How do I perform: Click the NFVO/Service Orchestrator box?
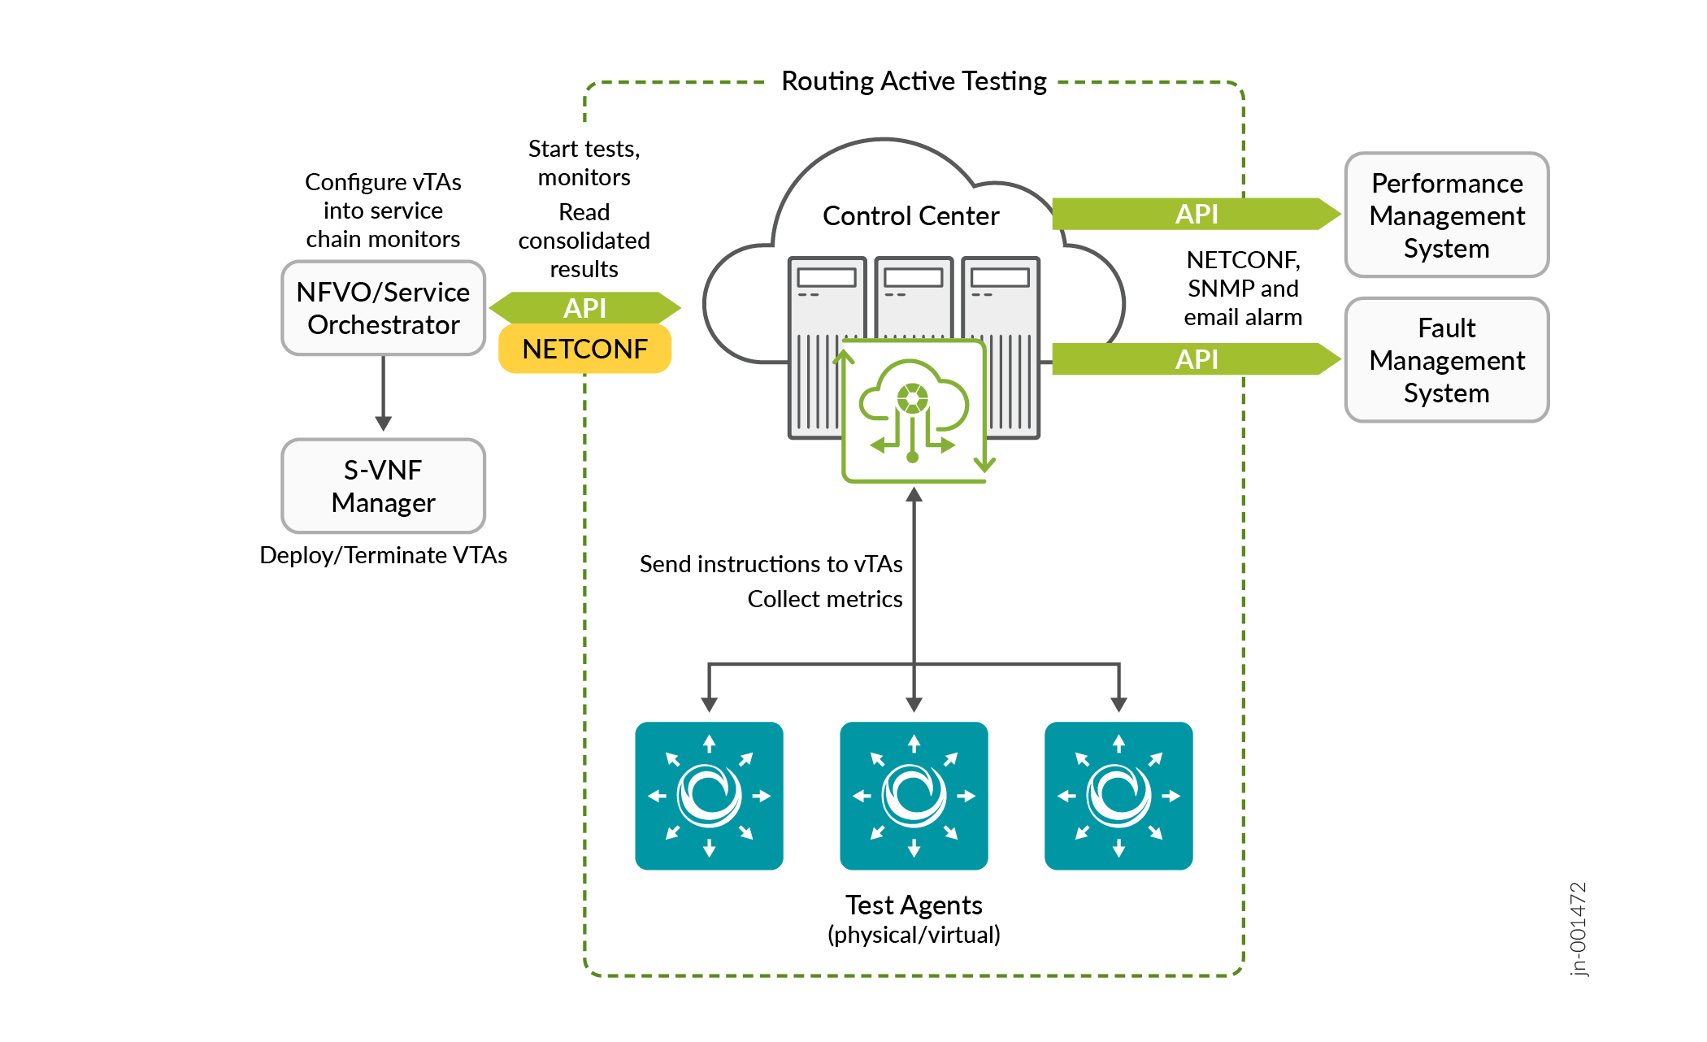click(383, 308)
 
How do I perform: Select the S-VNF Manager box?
click(383, 486)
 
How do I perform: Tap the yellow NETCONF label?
click(584, 349)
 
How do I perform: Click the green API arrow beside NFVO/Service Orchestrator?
click(584, 308)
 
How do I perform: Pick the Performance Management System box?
click(1446, 215)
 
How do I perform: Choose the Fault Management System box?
click(1446, 360)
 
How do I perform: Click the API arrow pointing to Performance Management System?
click(1195, 214)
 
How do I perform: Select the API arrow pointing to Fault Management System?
click(1195, 358)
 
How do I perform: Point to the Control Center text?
click(910, 216)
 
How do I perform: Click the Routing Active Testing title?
click(914, 81)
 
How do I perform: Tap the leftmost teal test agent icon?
click(709, 796)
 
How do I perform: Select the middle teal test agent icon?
click(914, 796)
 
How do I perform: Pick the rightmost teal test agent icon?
click(1118, 796)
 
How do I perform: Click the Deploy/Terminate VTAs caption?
click(383, 555)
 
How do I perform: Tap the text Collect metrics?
click(824, 599)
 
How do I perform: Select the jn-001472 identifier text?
click(1578, 928)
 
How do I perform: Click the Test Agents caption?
click(914, 905)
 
